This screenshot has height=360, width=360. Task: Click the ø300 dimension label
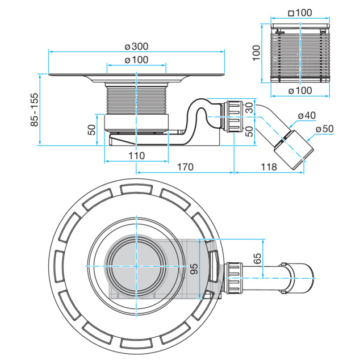click(x=136, y=47)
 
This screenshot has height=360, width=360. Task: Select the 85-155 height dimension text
click(x=34, y=110)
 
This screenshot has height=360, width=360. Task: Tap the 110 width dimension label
click(x=137, y=156)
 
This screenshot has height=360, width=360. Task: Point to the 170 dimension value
click(x=185, y=167)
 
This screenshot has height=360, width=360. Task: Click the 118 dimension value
click(x=269, y=167)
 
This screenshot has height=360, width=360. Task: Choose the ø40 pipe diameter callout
click(x=307, y=115)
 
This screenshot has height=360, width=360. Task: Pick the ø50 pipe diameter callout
click(x=324, y=129)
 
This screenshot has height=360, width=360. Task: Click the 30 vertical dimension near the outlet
click(x=249, y=108)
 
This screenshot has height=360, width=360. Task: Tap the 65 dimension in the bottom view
click(x=257, y=258)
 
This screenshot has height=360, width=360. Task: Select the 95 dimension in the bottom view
click(x=194, y=269)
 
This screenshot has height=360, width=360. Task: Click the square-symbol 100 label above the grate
click(x=300, y=13)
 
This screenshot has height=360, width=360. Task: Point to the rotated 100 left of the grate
click(x=257, y=53)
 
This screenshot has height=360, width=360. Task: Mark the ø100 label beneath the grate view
click(x=300, y=91)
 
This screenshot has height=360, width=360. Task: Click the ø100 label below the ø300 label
click(x=136, y=60)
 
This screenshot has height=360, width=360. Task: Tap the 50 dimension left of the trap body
click(x=91, y=129)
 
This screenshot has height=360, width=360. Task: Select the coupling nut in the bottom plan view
click(x=234, y=278)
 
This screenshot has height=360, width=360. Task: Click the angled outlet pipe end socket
click(x=294, y=150)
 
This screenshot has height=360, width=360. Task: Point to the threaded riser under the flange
click(x=137, y=100)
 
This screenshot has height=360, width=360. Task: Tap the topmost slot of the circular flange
click(x=136, y=189)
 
